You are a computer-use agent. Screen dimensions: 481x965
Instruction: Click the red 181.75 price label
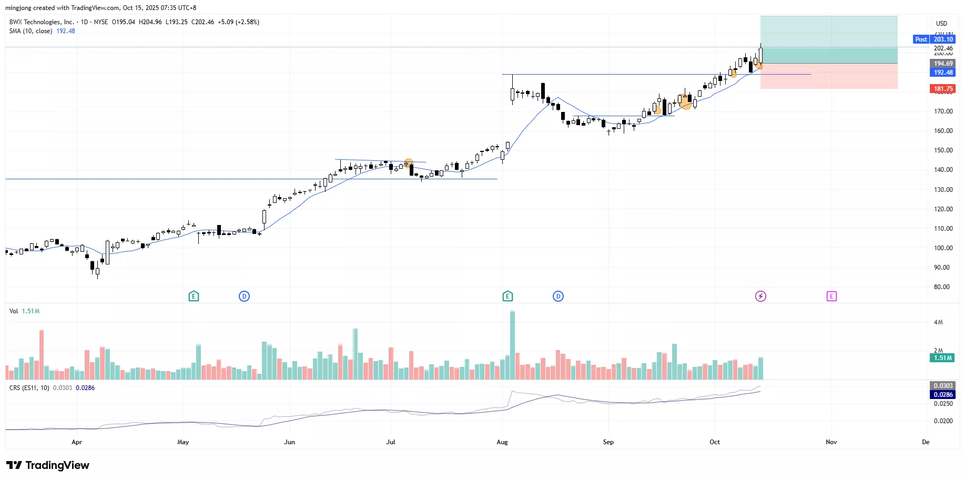click(943, 89)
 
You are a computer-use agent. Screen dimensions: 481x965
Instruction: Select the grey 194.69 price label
click(943, 64)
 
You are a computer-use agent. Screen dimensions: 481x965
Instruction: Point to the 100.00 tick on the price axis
click(943, 248)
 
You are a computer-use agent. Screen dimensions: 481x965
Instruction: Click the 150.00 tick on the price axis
click(943, 150)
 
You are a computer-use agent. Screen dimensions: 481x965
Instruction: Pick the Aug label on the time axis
click(502, 442)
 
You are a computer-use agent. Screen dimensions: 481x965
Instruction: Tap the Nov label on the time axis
click(831, 442)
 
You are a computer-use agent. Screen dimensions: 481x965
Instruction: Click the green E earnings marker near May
click(194, 296)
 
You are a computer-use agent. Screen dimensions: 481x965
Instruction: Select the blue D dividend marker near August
click(558, 296)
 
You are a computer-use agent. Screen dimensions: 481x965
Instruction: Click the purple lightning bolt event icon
click(760, 296)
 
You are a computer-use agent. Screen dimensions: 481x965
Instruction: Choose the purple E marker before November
click(831, 296)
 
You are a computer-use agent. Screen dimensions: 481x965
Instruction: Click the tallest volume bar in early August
click(512, 344)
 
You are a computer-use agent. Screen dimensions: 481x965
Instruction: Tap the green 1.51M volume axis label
click(943, 358)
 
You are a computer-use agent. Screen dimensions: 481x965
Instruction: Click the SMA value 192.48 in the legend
click(66, 31)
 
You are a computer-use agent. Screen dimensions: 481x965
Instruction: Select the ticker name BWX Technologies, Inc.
click(42, 22)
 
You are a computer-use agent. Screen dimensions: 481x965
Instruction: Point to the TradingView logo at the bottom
click(48, 465)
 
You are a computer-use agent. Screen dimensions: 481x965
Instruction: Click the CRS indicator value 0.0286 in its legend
click(85, 388)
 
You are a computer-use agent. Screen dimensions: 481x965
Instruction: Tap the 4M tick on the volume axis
click(938, 322)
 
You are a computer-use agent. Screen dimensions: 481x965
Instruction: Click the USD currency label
click(941, 24)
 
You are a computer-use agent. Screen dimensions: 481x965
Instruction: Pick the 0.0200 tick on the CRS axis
click(943, 421)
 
